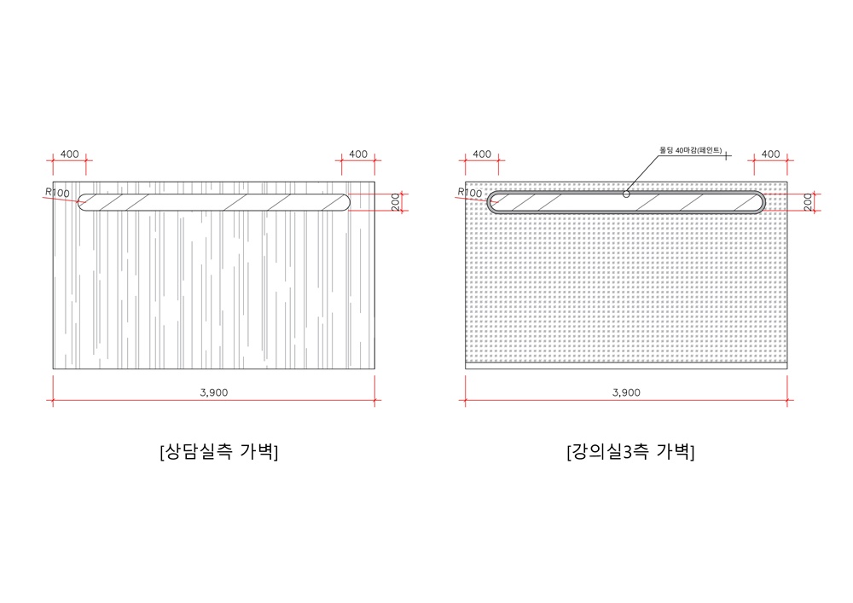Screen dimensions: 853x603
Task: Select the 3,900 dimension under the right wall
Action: click(x=626, y=392)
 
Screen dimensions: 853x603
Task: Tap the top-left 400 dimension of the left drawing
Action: click(x=70, y=154)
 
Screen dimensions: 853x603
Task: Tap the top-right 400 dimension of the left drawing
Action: click(x=358, y=154)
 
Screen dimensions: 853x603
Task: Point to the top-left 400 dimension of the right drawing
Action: click(x=482, y=154)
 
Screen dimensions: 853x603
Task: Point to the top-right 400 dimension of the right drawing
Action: click(x=770, y=154)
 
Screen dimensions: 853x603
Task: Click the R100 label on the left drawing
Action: click(x=58, y=194)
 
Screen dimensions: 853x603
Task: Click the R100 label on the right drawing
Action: click(x=469, y=193)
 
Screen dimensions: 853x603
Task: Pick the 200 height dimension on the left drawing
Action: click(x=397, y=202)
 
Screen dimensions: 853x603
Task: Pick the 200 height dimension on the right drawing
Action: click(x=808, y=202)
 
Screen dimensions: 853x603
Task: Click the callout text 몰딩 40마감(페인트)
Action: click(x=690, y=150)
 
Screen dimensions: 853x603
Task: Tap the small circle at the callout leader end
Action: click(x=626, y=194)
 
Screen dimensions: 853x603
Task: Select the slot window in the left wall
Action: click(x=213, y=202)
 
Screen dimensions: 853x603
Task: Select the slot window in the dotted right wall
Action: click(x=626, y=203)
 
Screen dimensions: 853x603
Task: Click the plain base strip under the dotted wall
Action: click(x=626, y=363)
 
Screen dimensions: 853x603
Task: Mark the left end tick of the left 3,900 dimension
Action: click(x=54, y=400)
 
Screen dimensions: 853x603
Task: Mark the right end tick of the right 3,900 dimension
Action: click(x=789, y=400)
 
